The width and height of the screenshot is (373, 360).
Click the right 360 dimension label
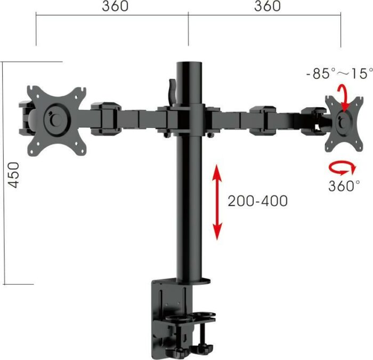pyautogui.click(x=266, y=6)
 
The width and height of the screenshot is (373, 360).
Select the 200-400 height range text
pyautogui.click(x=257, y=201)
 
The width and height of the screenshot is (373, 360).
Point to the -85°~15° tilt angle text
pyautogui.click(x=340, y=73)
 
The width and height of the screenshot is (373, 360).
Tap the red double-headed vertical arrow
pyautogui.click(x=217, y=202)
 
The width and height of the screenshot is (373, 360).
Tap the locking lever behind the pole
pyautogui.click(x=172, y=91)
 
